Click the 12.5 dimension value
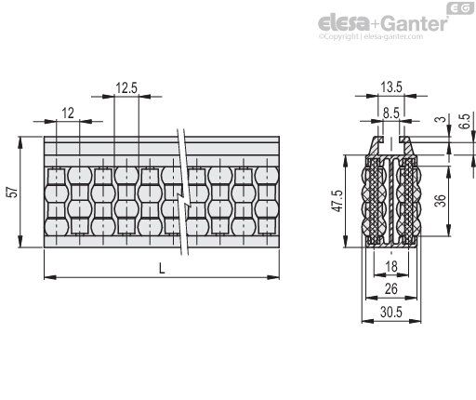(x=126, y=87)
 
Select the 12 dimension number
(x=68, y=113)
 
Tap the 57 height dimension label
(x=14, y=192)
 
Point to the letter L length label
(x=162, y=268)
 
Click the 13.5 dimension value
(x=391, y=87)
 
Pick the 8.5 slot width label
(x=391, y=113)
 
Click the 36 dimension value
(x=440, y=200)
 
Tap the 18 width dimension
(x=391, y=266)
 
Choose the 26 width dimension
(x=391, y=288)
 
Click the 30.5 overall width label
(x=391, y=312)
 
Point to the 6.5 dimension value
(x=465, y=121)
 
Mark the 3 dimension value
(x=441, y=119)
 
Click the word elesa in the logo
(x=344, y=22)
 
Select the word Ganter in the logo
(x=414, y=23)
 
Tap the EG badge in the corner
(x=460, y=8)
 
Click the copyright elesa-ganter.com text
(x=371, y=36)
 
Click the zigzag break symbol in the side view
(x=183, y=193)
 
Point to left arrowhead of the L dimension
(x=50, y=277)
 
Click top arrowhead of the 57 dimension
(x=20, y=142)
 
